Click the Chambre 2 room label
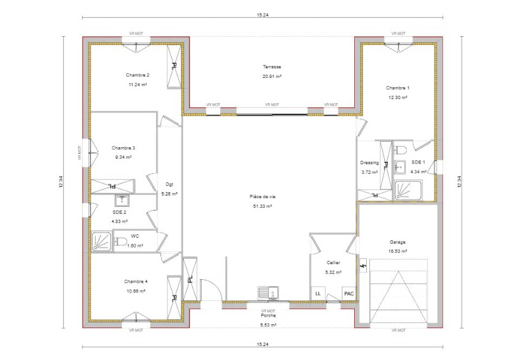pos(138,75)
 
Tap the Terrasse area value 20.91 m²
pos(272,76)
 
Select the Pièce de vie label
pos(262,197)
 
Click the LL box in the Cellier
pos(318,293)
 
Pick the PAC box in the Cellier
pos(349,293)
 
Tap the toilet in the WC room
pos(121,241)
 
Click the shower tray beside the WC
pos(101,241)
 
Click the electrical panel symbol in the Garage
pos(363,266)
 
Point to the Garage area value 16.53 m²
pos(397,251)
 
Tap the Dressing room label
pos(369,162)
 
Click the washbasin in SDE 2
pos(120,201)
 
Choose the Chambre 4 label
pos(135,282)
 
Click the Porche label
pos(268,316)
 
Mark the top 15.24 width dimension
pos(263,15)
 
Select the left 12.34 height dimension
pos(61,182)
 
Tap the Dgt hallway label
pos(170,184)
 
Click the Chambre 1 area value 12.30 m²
pos(397,97)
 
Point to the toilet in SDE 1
pos(401,149)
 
